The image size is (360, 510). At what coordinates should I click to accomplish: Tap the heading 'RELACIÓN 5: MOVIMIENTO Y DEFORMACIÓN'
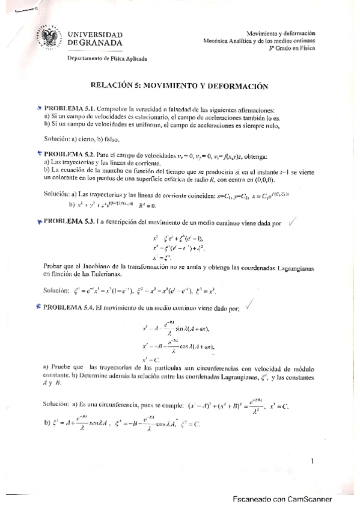(178, 86)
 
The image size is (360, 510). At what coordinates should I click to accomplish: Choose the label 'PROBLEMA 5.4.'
(68, 308)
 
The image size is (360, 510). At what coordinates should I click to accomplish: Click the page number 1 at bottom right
(313, 461)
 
